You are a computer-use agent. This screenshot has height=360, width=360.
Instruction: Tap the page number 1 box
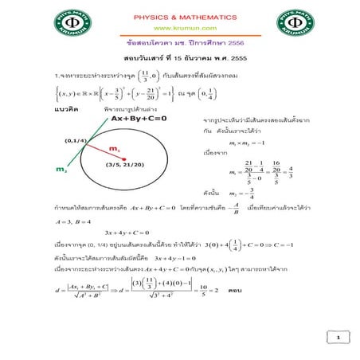(338, 338)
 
